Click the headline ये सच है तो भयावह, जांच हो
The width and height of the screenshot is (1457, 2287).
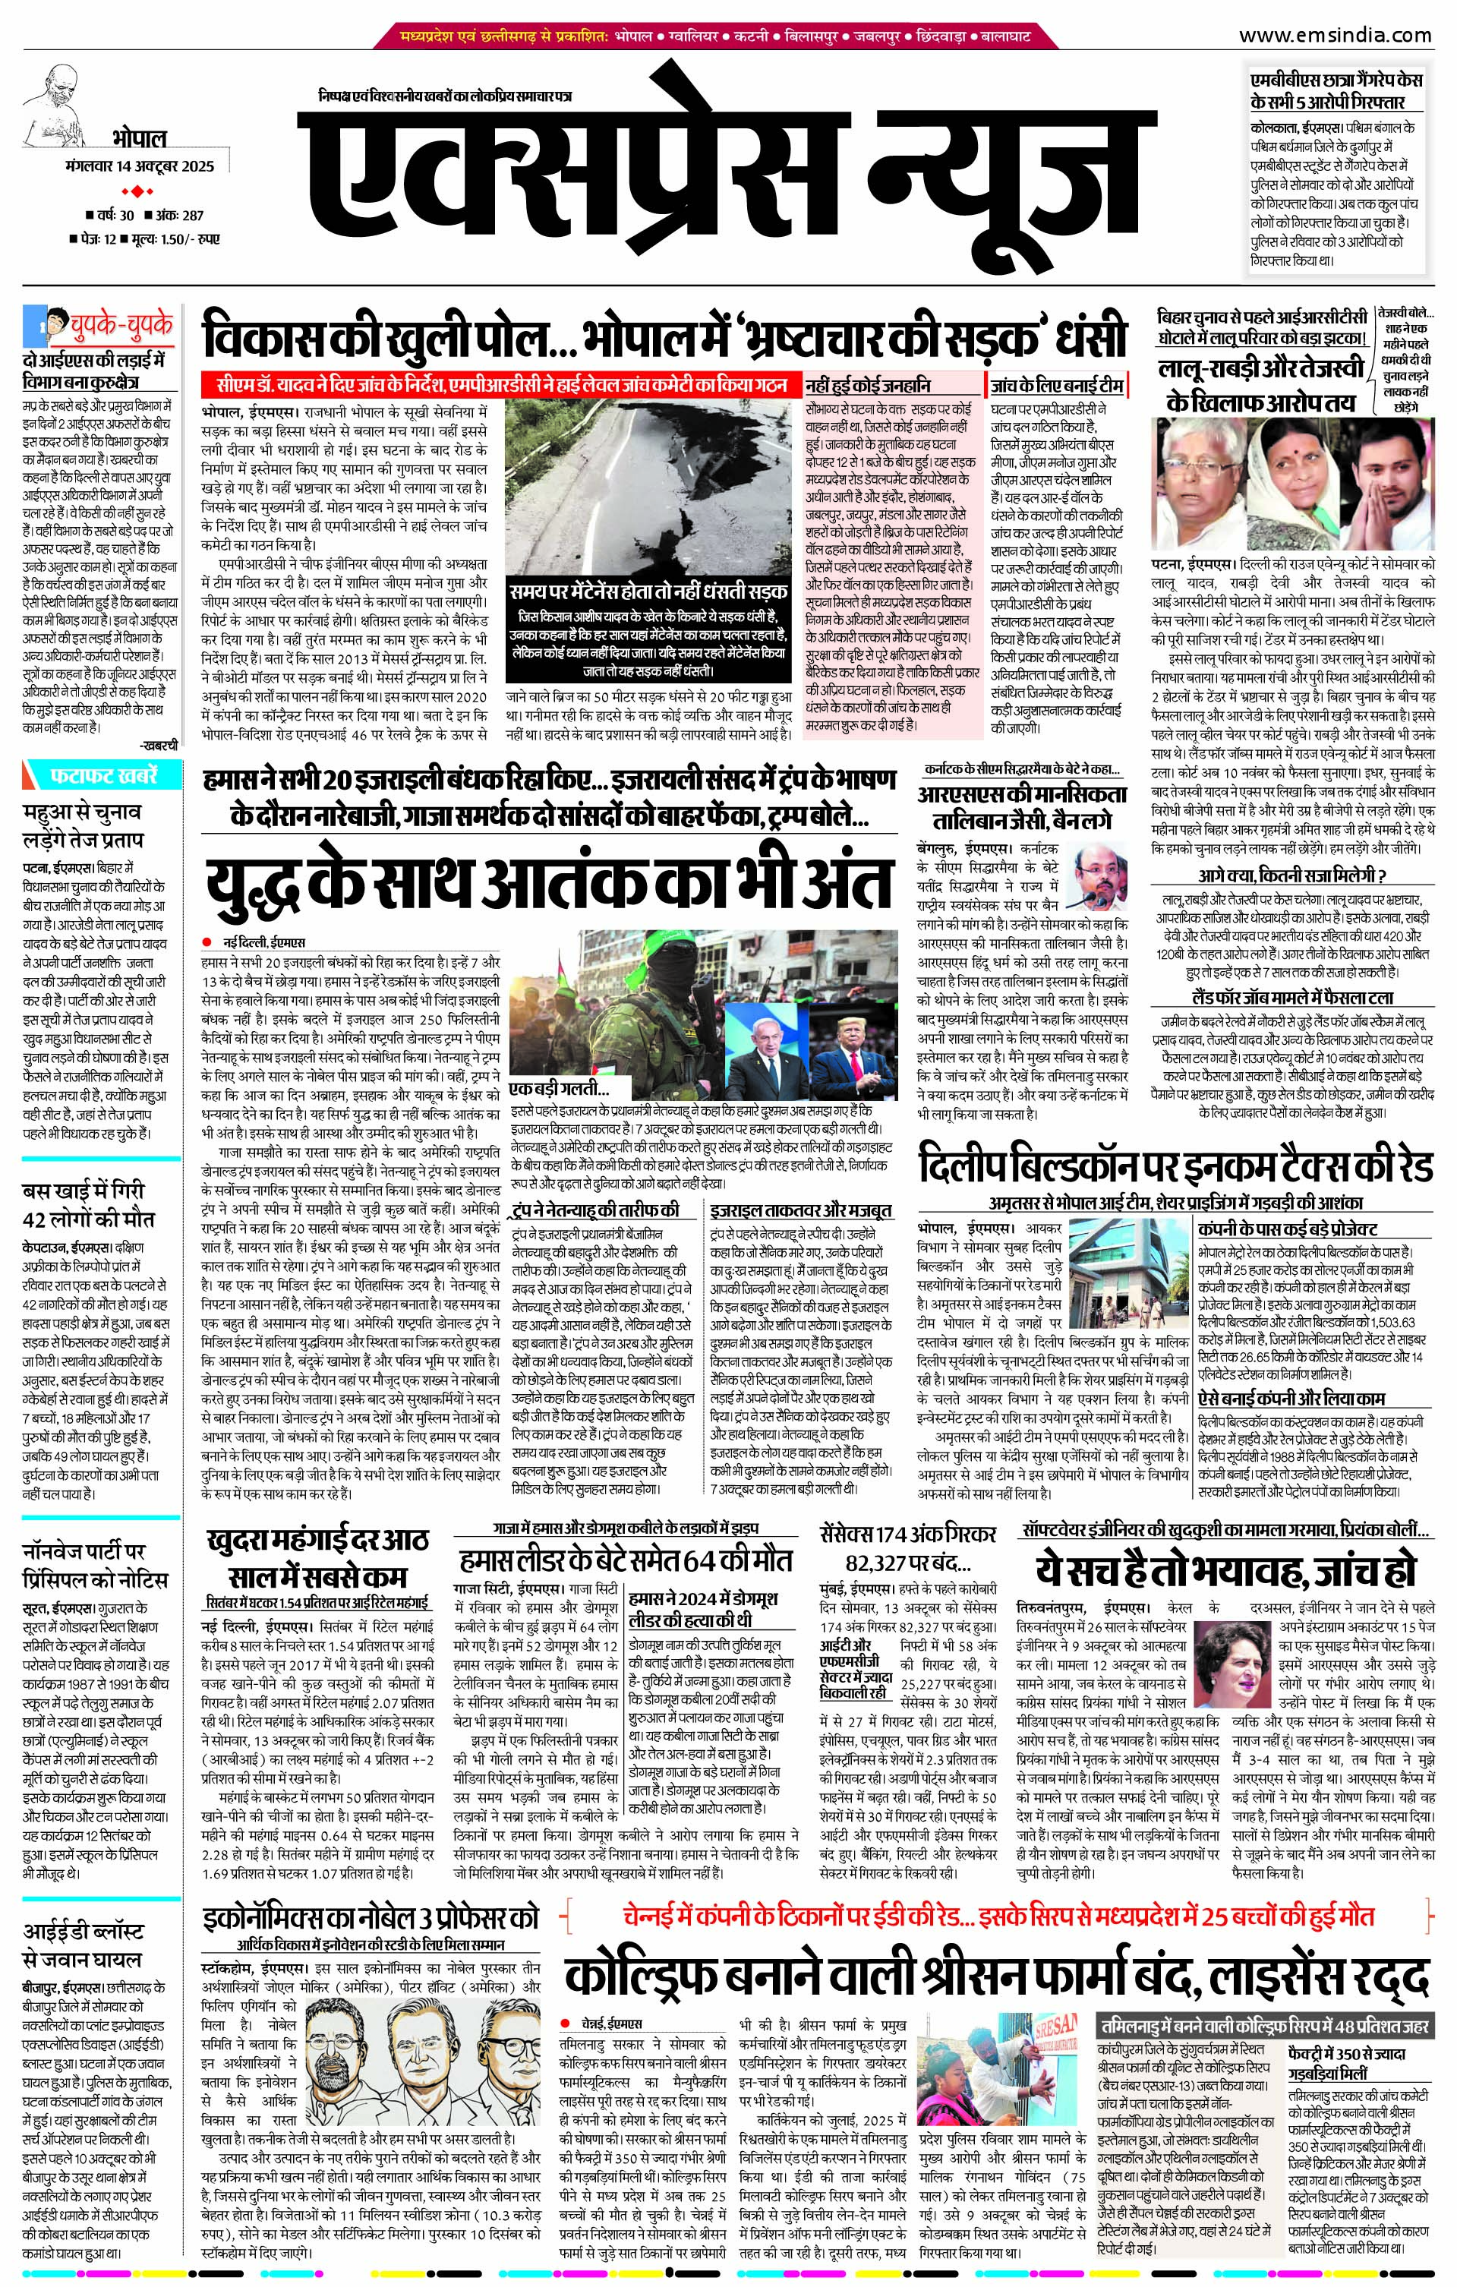point(1225,1568)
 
